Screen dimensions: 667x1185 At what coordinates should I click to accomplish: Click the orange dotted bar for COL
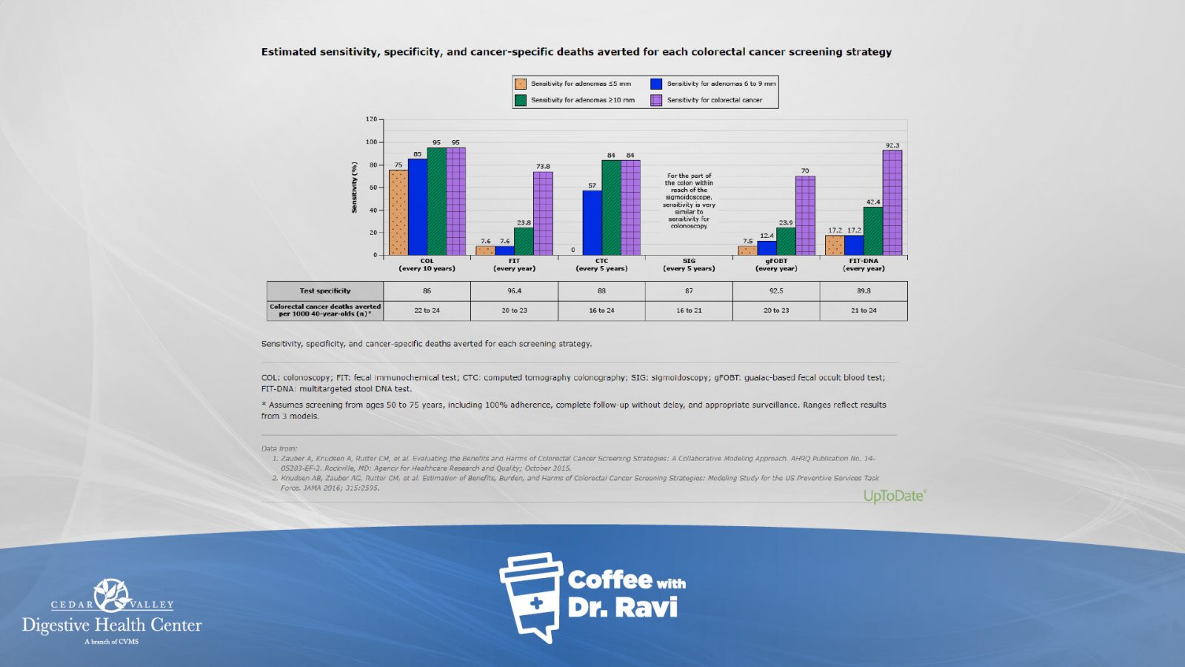[x=398, y=213]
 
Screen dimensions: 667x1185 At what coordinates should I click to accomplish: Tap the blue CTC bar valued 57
[x=592, y=223]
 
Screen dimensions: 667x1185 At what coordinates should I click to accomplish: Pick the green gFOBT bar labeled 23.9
[x=786, y=242]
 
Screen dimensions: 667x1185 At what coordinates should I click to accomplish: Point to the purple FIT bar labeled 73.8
[x=543, y=213]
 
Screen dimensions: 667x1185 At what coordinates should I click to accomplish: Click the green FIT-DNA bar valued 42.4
[x=873, y=231]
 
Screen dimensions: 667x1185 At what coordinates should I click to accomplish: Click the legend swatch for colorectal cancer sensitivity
[x=656, y=100]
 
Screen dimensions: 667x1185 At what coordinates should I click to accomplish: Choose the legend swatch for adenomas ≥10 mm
[x=521, y=100]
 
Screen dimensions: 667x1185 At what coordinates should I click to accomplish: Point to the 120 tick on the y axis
[x=371, y=119]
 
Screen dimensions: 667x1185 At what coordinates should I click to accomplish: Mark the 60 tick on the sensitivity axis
[x=373, y=188]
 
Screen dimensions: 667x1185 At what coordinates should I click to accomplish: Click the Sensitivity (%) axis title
[x=354, y=188]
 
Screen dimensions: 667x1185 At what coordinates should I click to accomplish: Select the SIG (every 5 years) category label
[x=689, y=265]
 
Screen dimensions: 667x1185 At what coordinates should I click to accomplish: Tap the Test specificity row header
[x=325, y=291]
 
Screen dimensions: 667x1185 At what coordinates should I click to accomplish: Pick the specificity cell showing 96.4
[x=514, y=291]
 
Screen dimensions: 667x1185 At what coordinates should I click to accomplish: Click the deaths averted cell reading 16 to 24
[x=601, y=311]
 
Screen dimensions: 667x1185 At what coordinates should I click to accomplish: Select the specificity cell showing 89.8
[x=864, y=291]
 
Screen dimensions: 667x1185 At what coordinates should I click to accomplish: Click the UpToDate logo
[x=895, y=496]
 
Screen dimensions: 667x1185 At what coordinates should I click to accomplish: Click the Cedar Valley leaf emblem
[x=112, y=594]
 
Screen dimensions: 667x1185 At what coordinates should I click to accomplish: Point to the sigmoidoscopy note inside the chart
[x=689, y=201]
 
